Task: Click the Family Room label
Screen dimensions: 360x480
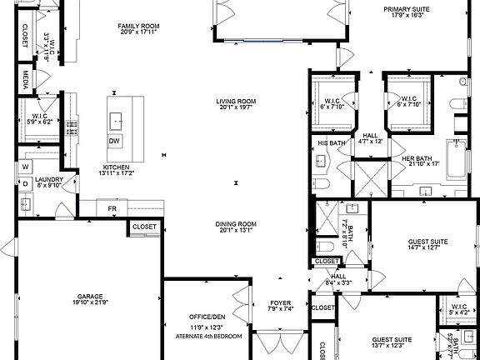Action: tap(138, 26)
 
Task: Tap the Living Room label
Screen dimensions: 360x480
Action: tap(236, 101)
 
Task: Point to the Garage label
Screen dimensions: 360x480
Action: tap(90, 296)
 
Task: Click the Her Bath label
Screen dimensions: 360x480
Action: tap(417, 158)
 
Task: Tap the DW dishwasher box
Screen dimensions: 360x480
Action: tap(114, 141)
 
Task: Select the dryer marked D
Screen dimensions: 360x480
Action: tap(26, 183)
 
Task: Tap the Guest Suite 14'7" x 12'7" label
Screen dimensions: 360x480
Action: tap(412, 242)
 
